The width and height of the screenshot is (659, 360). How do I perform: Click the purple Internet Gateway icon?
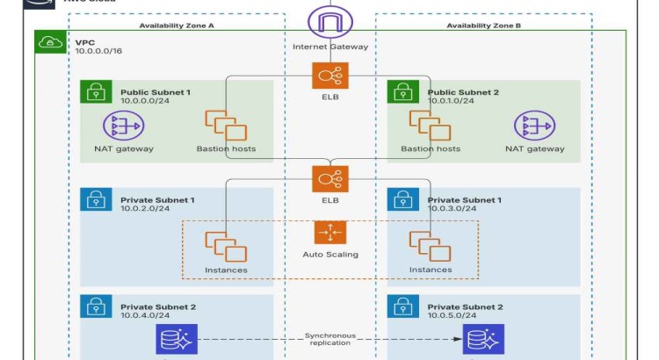click(329, 21)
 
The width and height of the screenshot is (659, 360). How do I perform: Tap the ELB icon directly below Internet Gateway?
click(329, 75)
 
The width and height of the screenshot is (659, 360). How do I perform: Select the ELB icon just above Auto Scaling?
click(329, 179)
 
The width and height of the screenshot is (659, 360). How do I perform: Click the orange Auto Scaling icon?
click(329, 233)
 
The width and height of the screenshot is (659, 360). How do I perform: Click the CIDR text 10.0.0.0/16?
click(98, 52)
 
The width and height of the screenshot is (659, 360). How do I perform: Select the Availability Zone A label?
click(177, 26)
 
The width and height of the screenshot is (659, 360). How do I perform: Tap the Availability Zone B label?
click(483, 26)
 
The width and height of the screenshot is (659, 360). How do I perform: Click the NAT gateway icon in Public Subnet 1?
click(123, 126)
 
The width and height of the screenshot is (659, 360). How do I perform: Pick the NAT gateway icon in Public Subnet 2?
click(534, 126)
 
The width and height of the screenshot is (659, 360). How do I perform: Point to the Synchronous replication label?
click(329, 339)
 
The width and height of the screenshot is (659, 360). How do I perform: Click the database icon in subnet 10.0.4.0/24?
click(177, 339)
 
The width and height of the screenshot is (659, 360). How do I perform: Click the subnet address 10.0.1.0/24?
click(451, 101)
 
